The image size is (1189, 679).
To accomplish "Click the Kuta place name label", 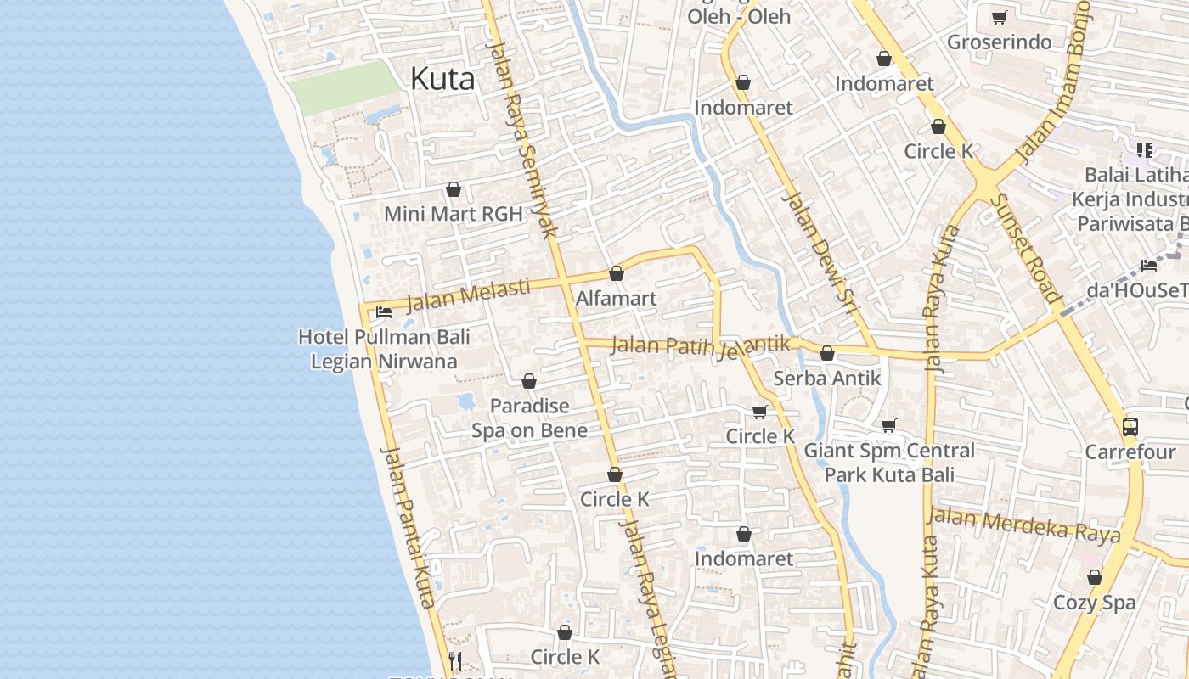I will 442,79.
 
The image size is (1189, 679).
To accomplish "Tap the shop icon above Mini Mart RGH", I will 454,189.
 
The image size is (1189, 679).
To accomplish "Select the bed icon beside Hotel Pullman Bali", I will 384,311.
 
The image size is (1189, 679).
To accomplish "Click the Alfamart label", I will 616,298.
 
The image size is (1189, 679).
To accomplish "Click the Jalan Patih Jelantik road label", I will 701,346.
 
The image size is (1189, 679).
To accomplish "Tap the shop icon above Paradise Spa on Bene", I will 529,382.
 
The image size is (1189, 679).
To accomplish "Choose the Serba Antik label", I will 827,379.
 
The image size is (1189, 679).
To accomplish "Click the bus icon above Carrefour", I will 1130,426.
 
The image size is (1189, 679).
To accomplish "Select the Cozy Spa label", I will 1094,603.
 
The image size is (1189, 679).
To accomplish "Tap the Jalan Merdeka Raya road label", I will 1023,525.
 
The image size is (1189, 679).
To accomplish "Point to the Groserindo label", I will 999,42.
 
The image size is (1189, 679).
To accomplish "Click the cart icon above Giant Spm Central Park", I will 888,425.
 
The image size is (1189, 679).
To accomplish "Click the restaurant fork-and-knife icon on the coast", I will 454,660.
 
